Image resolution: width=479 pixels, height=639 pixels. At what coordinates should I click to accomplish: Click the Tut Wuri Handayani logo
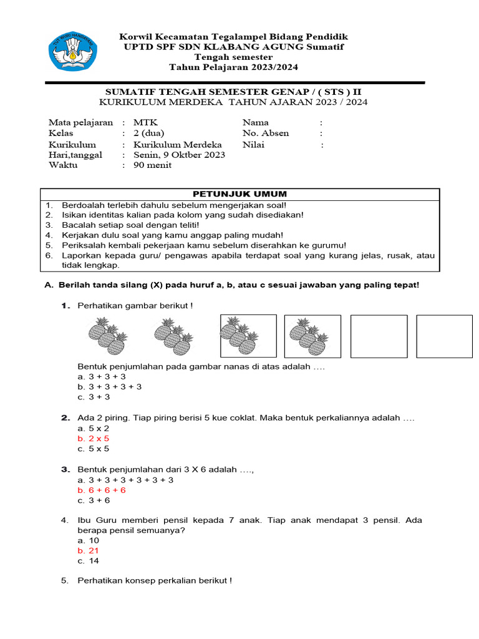click(x=74, y=51)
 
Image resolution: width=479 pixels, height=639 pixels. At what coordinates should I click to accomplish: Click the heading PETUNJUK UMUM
click(x=239, y=194)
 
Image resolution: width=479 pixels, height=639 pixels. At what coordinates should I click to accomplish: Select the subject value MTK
click(x=142, y=123)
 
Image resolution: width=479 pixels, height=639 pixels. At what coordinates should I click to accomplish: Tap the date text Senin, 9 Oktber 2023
click(x=179, y=155)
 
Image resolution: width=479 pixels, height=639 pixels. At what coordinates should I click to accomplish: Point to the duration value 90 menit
click(x=152, y=165)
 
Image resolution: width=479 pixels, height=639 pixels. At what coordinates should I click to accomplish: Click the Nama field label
click(x=255, y=123)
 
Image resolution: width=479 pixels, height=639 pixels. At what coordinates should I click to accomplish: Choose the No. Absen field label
click(x=265, y=134)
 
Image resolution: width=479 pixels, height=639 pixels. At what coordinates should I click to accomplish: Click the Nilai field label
click(x=253, y=144)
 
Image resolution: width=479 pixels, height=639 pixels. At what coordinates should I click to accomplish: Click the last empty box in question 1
click(x=444, y=336)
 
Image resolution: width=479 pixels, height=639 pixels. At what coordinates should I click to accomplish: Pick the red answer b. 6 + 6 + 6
click(x=102, y=490)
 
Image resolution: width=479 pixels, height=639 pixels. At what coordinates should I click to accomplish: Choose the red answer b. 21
click(x=89, y=551)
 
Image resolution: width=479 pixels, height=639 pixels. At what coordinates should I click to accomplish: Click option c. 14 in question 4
click(x=88, y=561)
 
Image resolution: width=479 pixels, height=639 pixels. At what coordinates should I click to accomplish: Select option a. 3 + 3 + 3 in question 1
click(x=102, y=377)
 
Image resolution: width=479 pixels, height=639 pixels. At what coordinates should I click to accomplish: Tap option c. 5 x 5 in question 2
click(x=94, y=449)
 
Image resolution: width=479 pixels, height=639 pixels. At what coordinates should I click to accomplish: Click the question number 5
click(x=65, y=581)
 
